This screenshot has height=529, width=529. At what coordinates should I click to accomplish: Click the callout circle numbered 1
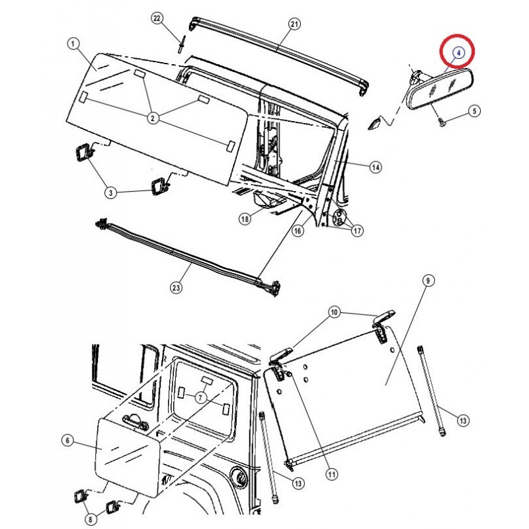[73, 44]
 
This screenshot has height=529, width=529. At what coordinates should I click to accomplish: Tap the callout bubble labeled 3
[112, 192]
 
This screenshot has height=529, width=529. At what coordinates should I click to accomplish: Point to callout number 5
[473, 111]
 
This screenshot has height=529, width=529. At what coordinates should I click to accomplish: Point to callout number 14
[375, 168]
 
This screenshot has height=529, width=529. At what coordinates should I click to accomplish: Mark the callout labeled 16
[298, 230]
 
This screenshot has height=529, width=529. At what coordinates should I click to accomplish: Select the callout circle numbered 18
[245, 220]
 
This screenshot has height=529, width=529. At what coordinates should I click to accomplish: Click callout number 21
[295, 25]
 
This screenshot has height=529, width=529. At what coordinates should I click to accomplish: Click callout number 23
[177, 288]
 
